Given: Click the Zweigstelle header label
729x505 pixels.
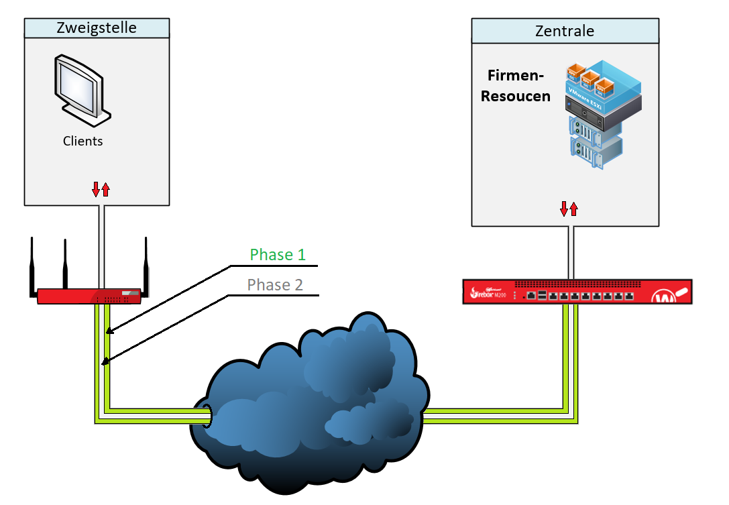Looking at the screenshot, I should pos(97,27).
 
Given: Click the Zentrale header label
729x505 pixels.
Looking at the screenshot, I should pos(564,31).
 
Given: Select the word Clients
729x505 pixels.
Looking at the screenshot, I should pos(83,142).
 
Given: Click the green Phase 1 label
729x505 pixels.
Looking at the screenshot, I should pos(277,255).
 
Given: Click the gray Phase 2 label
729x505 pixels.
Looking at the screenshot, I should pos(275,285).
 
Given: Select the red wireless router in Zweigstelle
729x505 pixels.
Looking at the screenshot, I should pos(89,296).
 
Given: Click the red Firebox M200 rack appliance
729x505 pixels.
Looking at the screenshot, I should pos(577,292).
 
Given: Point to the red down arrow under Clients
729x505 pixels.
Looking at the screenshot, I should pos(96,190).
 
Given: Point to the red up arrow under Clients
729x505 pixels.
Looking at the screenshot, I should pos(105,190).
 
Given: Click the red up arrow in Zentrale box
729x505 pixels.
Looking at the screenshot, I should pos(573,209).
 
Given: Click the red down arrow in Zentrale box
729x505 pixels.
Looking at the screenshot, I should pos(565,209).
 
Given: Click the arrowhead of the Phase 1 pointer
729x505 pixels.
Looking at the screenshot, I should pos(107,331).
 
